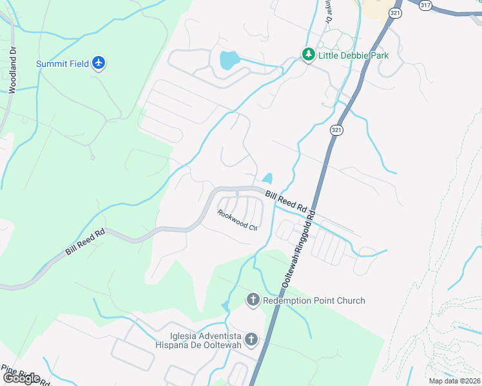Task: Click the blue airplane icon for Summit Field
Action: (98, 63)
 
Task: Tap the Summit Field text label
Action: (63, 63)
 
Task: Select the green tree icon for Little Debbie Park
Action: (309, 55)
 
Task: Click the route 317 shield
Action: (425, 5)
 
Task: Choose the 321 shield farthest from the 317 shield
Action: (336, 130)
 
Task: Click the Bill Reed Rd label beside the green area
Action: (84, 243)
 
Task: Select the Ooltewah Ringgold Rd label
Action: (299, 248)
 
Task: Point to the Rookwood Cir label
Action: (237, 221)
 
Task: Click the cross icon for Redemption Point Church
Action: (253, 300)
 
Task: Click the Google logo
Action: (21, 378)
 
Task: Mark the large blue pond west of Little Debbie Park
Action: (229, 60)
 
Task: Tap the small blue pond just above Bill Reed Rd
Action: (267, 178)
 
